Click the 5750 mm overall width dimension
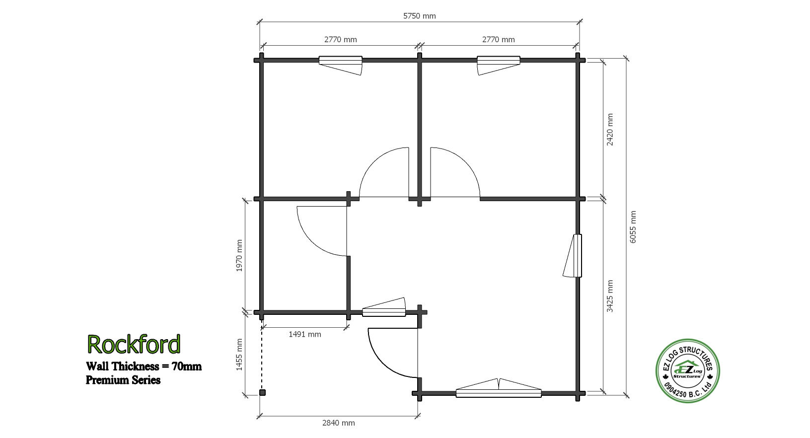[x=420, y=16]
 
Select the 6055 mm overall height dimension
[x=633, y=227]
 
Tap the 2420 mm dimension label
[x=610, y=130]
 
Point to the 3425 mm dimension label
[x=610, y=296]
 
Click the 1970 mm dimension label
[x=239, y=255]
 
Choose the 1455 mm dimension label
[x=239, y=355]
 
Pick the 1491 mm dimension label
[x=305, y=334]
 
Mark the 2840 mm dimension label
[x=339, y=423]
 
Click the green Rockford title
[x=134, y=344]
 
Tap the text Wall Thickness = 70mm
[x=144, y=366]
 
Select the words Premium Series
[x=123, y=380]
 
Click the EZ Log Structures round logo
[x=687, y=371]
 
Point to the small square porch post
[x=263, y=392]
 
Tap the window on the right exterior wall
[x=573, y=256]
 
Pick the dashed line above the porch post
[x=262, y=356]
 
